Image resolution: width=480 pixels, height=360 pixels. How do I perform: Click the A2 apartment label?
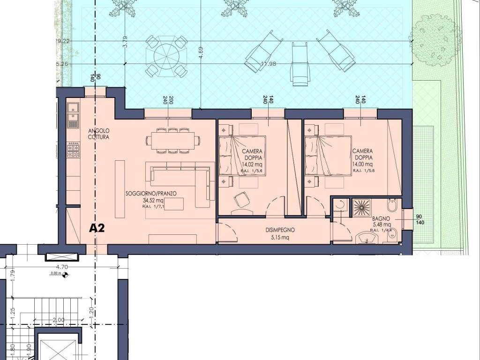click(x=97, y=228)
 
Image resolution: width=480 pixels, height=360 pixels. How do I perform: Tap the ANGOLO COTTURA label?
click(x=98, y=134)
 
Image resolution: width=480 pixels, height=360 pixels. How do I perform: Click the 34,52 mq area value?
click(x=153, y=200)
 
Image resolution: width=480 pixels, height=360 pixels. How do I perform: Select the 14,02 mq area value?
click(x=252, y=165)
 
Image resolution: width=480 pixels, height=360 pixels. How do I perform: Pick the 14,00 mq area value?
click(x=362, y=165)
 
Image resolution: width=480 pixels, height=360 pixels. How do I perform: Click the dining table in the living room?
click(x=172, y=140)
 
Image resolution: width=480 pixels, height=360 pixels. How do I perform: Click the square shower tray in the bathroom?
click(x=362, y=207)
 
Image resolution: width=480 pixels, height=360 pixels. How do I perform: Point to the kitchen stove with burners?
click(x=73, y=150)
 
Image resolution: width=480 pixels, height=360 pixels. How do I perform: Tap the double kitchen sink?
click(x=73, y=115)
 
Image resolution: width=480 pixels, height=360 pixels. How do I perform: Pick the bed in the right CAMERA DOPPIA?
click(x=328, y=156)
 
